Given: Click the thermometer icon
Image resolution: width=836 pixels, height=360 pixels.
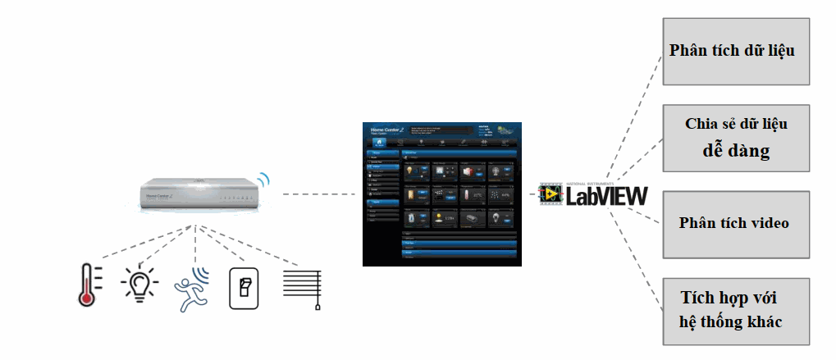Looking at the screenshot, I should [89, 284].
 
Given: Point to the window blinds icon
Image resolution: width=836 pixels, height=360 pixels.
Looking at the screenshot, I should [301, 287].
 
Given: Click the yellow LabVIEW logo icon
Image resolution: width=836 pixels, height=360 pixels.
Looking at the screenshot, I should [550, 194].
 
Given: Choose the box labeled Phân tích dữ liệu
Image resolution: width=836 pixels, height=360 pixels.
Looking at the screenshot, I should [732, 50].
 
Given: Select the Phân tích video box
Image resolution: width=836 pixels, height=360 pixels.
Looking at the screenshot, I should [735, 223].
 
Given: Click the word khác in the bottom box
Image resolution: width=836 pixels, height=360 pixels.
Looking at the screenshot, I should [762, 321].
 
